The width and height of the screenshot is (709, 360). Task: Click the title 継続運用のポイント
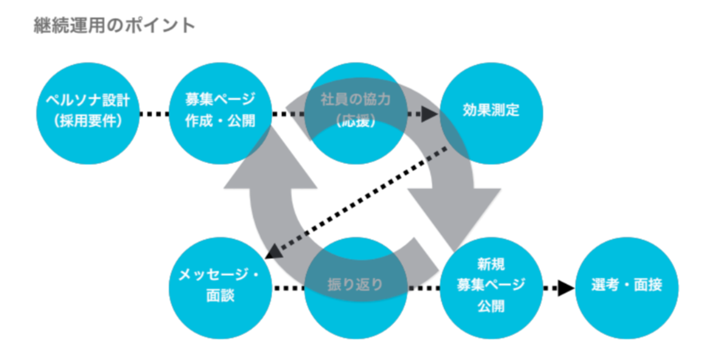point(115,25)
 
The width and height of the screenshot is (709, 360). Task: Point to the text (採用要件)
point(88,122)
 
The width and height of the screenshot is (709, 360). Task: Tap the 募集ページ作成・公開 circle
point(220,113)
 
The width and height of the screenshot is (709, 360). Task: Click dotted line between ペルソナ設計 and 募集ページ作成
point(154,114)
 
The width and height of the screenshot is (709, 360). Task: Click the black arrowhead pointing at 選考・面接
point(566,288)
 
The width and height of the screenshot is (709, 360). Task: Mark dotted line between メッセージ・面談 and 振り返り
point(289,288)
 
